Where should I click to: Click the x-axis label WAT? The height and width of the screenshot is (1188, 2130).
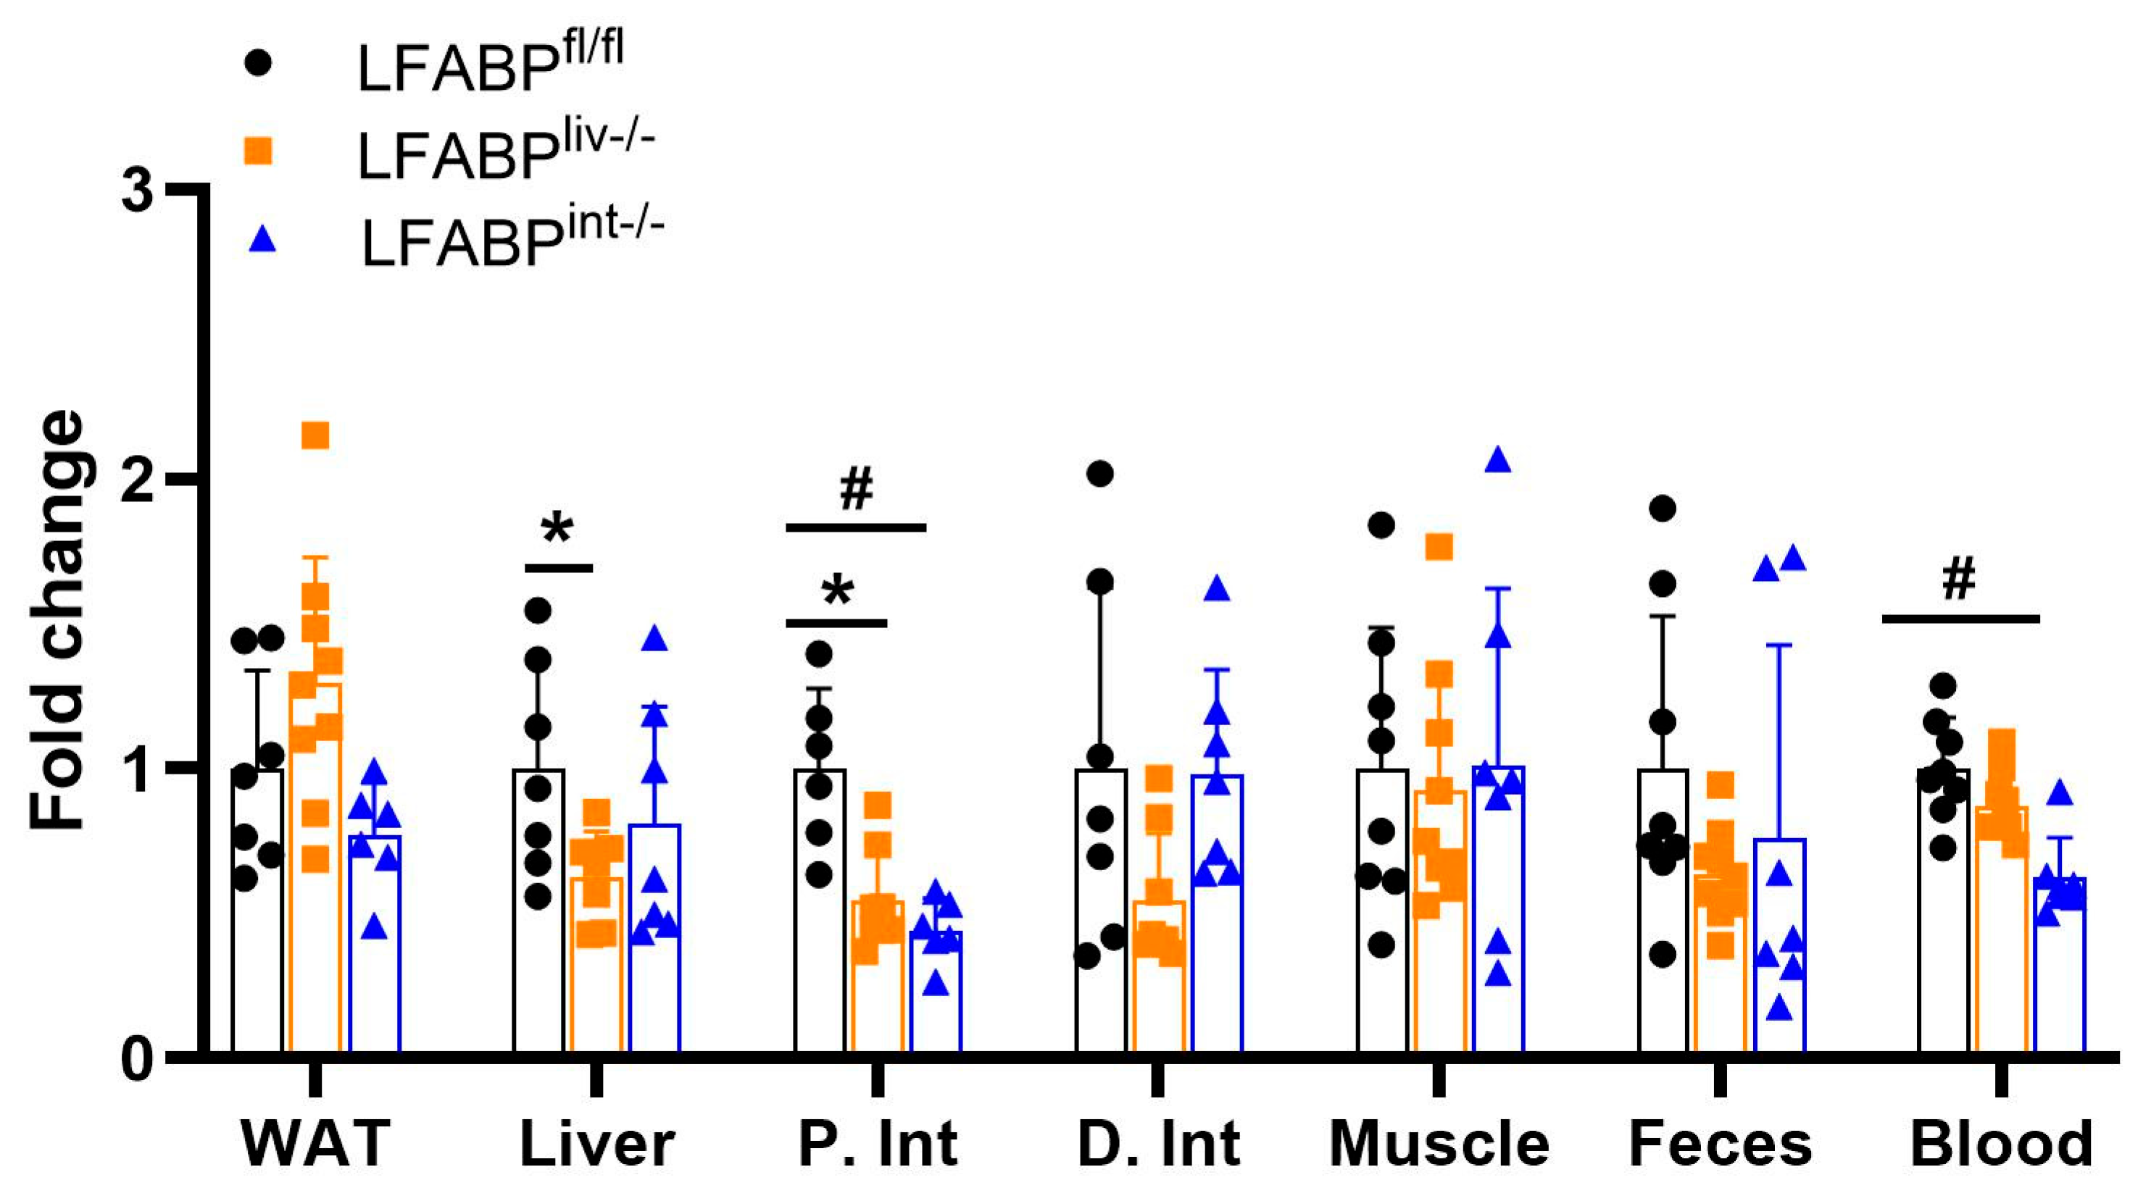click(315, 1143)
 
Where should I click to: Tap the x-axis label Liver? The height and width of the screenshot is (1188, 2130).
click(597, 1143)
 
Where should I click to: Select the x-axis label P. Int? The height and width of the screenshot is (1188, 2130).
click(878, 1143)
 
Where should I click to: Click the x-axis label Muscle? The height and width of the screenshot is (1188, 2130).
click(1439, 1143)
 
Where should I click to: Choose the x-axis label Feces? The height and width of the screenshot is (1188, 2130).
click(1721, 1143)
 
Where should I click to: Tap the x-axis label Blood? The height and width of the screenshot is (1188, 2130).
click(2002, 1143)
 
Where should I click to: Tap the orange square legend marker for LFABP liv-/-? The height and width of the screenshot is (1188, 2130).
click(259, 151)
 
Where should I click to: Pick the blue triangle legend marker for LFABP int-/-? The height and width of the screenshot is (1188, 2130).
click(262, 240)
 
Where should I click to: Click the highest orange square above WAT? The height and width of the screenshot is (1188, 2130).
click(315, 435)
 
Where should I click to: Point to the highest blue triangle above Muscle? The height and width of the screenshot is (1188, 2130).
click(1498, 461)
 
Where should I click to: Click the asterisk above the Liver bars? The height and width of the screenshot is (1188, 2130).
click(558, 529)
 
